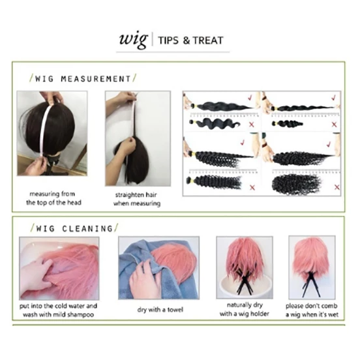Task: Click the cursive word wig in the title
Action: pos(133,40)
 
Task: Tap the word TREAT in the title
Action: pos(208,40)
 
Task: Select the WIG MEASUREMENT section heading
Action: pos(83,79)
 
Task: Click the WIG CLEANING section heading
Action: pos(74,228)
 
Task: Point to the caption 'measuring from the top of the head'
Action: pos(53,198)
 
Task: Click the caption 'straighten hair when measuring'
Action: pos(137,199)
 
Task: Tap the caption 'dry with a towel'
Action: pos(160,310)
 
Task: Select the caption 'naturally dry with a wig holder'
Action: pos(245,309)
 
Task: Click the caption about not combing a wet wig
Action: pos(312,310)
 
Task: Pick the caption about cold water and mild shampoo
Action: pos(58,310)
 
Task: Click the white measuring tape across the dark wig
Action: pos(46,131)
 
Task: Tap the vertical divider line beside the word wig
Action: pos(153,40)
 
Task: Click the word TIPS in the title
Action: pos(168,40)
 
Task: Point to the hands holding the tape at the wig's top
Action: pos(52,98)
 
